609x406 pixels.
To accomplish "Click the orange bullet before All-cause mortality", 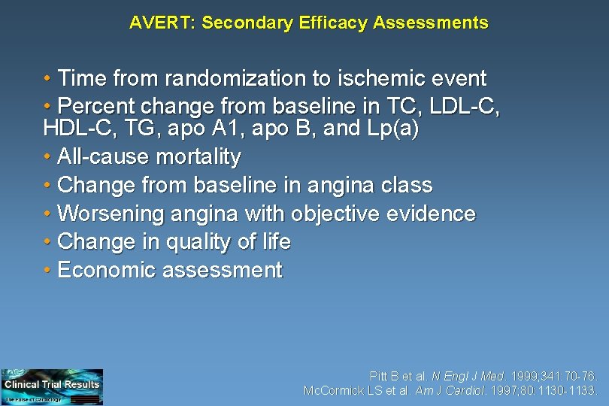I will [47, 157].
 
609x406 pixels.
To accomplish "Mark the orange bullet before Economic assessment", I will [47, 270].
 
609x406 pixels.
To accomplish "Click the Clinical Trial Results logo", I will [52, 386].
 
